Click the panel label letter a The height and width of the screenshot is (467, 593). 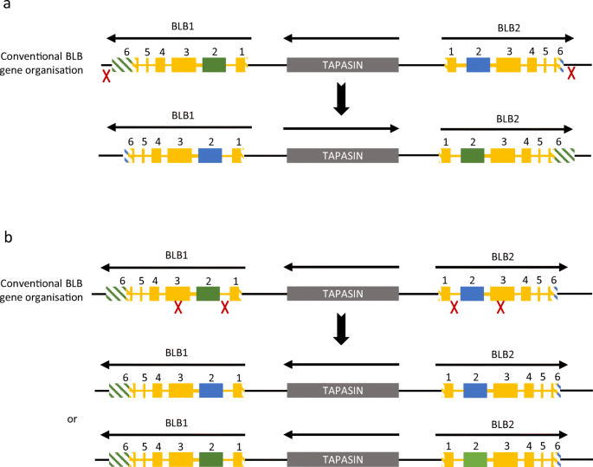point(6,6)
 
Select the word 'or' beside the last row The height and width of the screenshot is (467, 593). point(73,419)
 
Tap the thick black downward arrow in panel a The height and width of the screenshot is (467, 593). point(342,98)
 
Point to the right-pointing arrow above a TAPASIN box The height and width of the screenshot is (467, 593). point(341,129)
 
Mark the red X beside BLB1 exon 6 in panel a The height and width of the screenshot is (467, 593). point(106,77)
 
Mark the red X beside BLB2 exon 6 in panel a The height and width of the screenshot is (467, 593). point(571,76)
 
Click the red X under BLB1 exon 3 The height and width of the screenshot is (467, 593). point(178,308)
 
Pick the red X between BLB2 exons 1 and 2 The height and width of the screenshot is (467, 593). point(454,308)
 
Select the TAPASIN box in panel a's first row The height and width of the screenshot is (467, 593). point(342,64)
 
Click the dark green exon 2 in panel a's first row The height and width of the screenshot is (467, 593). point(214,64)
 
